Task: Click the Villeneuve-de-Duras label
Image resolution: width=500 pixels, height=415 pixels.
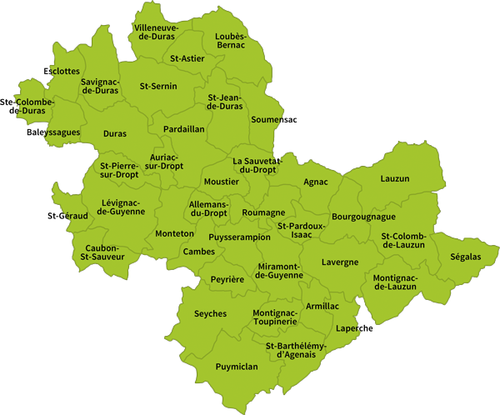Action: pyautogui.click(x=157, y=32)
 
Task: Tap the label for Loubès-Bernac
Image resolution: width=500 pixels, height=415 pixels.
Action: pyautogui.click(x=230, y=40)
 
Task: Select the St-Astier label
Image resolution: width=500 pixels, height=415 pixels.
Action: pyautogui.click(x=186, y=59)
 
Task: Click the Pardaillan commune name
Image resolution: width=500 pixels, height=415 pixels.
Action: pyautogui.click(x=184, y=130)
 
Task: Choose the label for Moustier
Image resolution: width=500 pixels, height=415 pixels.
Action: pyautogui.click(x=221, y=182)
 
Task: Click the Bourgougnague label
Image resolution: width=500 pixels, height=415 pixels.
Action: pyautogui.click(x=362, y=217)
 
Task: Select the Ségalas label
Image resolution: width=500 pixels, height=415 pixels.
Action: pyautogui.click(x=464, y=257)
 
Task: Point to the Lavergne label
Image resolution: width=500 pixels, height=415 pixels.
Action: pyautogui.click(x=340, y=262)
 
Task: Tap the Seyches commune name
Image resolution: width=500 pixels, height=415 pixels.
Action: pyautogui.click(x=210, y=314)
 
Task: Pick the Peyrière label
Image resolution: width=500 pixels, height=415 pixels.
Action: pyautogui.click(x=227, y=280)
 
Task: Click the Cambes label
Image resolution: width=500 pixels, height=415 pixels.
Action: pyautogui.click(x=199, y=252)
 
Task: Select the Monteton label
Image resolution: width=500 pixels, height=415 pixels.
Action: pyautogui.click(x=175, y=234)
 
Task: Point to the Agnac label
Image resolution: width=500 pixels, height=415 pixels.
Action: pyautogui.click(x=316, y=182)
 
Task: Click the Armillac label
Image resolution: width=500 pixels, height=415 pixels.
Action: pyautogui.click(x=322, y=307)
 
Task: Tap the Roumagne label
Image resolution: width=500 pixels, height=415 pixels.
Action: pyautogui.click(x=263, y=213)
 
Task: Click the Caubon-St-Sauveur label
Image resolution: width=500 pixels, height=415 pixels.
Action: pyautogui.click(x=102, y=253)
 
